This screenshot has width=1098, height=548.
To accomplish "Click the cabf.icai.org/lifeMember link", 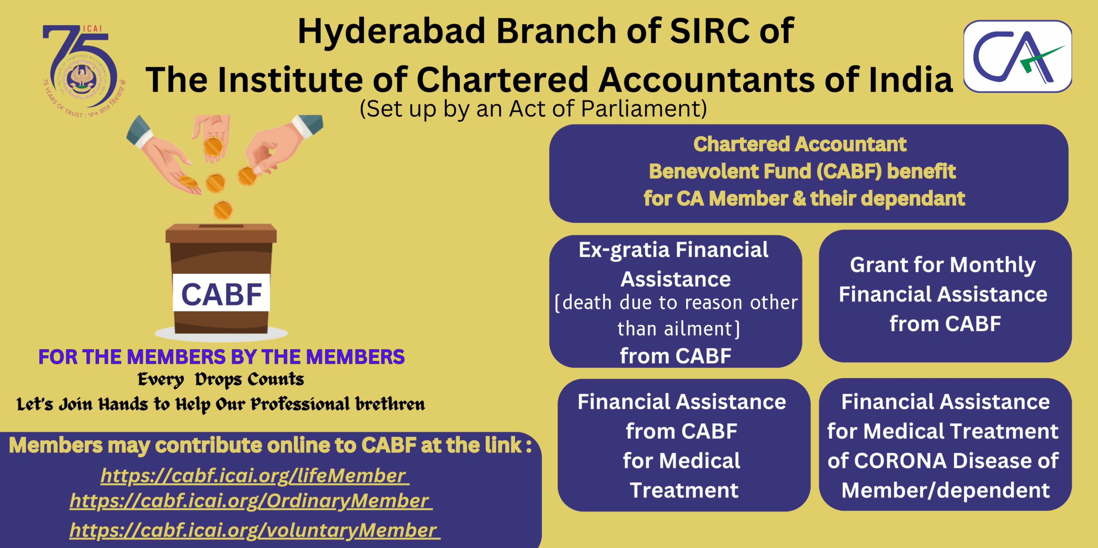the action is (x=254, y=476).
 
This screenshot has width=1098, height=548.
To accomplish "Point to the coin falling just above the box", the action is (x=223, y=210).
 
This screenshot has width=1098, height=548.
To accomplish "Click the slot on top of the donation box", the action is (x=221, y=226).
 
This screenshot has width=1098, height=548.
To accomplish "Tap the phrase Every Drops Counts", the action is (x=221, y=379).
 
